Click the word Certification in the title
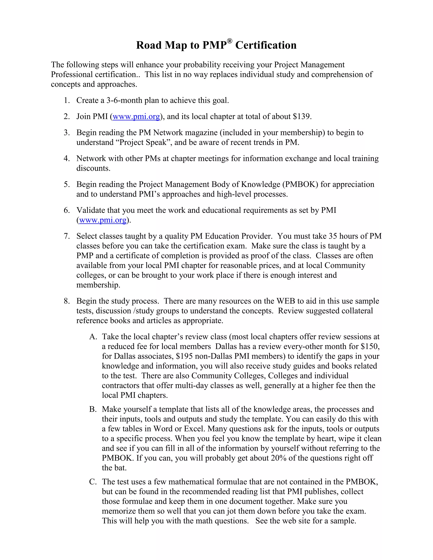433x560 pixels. click(x=266, y=45)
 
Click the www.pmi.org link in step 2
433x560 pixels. click(x=136, y=117)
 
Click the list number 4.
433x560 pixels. click(x=66, y=158)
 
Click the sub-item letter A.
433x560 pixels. click(x=93, y=337)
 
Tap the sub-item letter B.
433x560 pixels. click(x=92, y=409)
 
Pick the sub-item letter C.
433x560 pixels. click(x=92, y=482)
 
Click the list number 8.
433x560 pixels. click(x=66, y=301)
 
